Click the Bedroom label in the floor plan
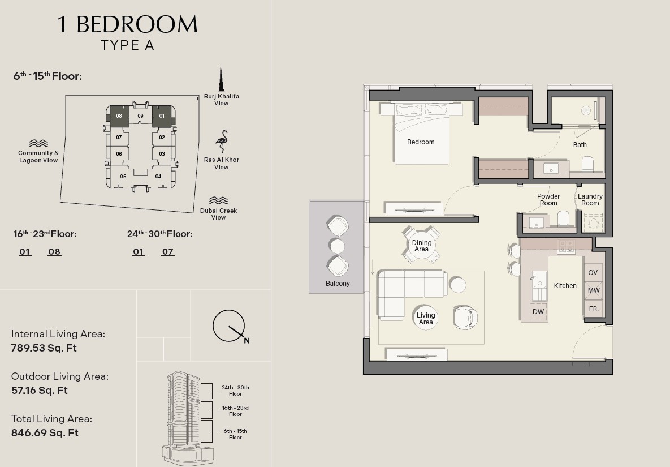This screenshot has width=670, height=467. tap(421, 142)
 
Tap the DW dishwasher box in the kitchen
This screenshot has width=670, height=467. tap(538, 312)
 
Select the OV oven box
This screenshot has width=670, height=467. tap(593, 273)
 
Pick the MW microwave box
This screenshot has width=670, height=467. tap(593, 290)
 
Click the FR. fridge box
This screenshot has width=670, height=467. tap(593, 309)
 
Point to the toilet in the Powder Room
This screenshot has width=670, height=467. tap(563, 219)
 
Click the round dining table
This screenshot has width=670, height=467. tap(421, 246)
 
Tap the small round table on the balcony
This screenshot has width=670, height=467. tap(337, 246)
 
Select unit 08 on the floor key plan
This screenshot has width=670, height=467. tap(119, 116)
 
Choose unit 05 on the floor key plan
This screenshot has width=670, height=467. tap(123, 176)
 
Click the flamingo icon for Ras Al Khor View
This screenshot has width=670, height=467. tap(222, 142)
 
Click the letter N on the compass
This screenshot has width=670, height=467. tap(247, 341)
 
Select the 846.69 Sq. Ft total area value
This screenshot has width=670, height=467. tap(45, 433)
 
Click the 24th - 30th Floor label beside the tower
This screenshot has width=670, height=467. tap(235, 391)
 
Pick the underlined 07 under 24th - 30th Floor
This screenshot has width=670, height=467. tap(168, 252)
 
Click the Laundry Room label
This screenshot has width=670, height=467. tap(590, 200)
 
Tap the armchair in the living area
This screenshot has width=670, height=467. tap(465, 317)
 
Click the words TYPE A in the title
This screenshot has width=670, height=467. tap(127, 45)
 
